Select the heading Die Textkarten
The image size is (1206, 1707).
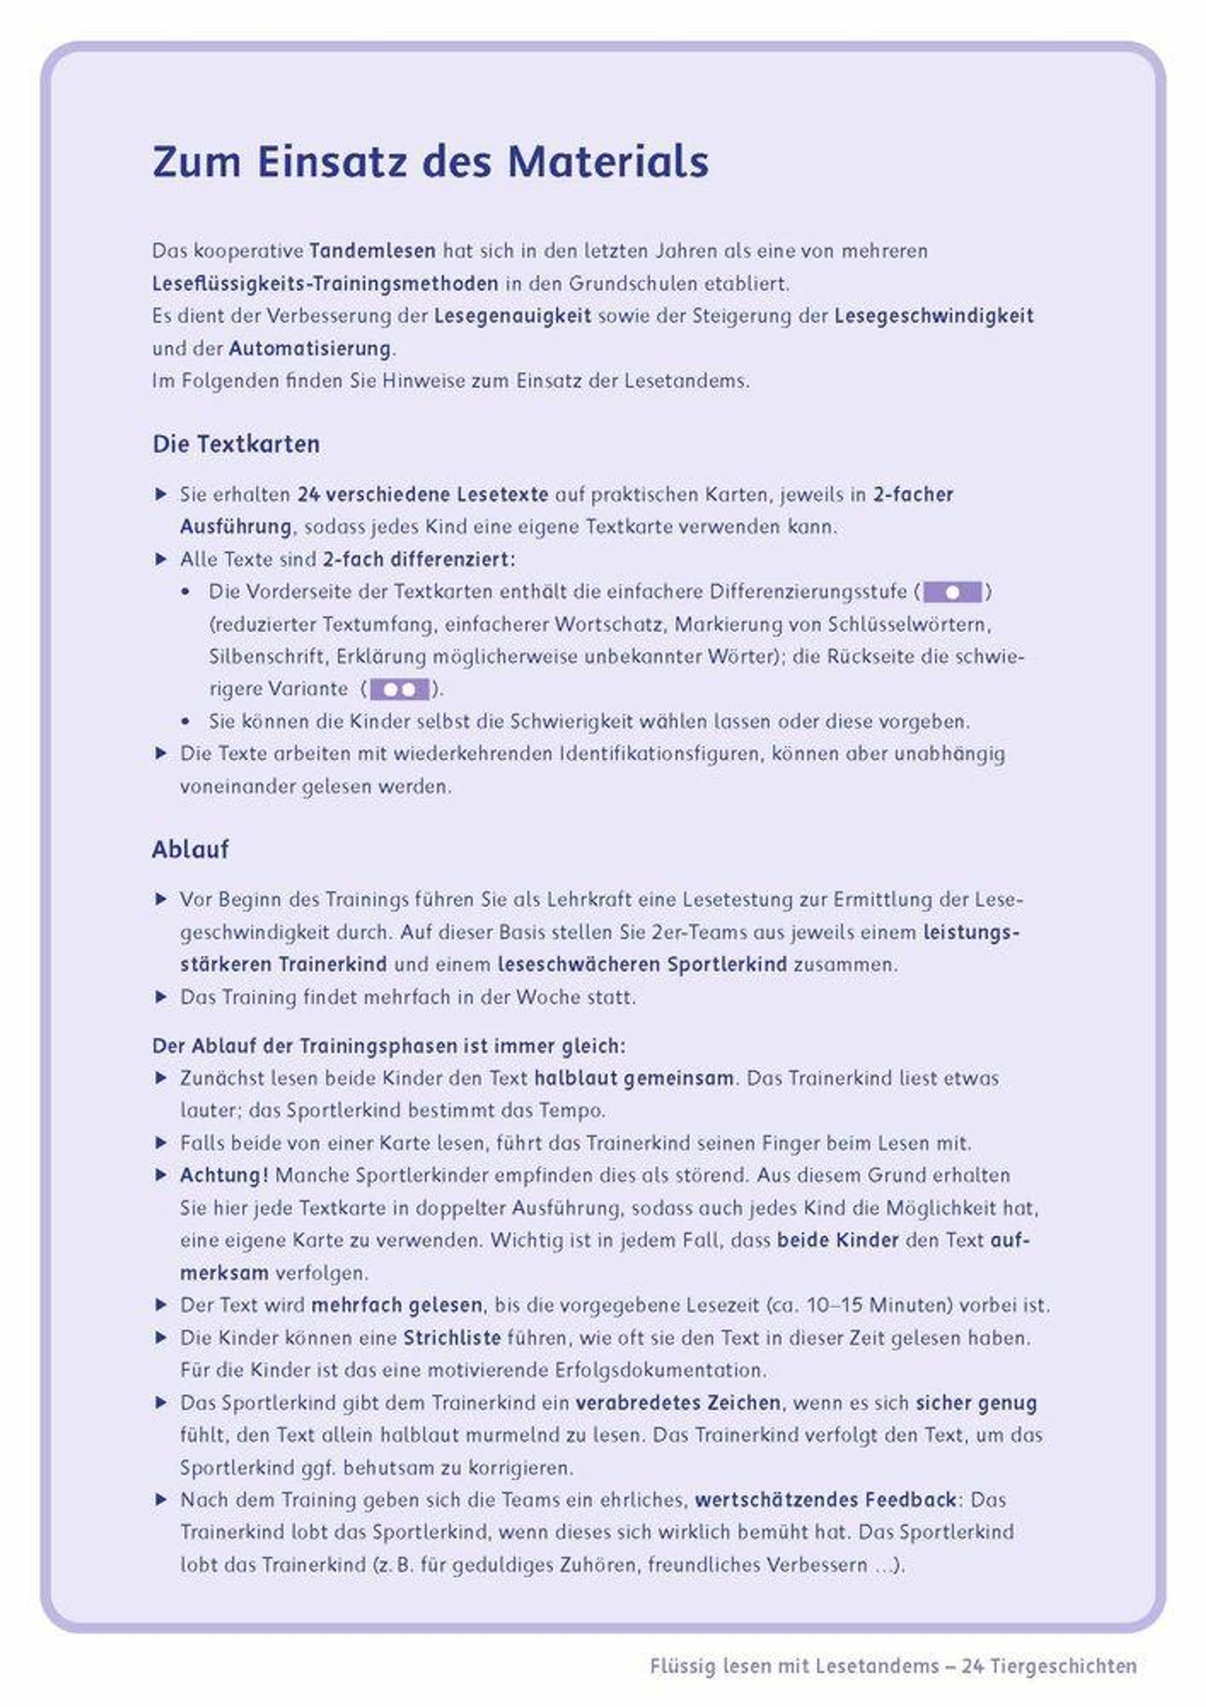click(x=236, y=444)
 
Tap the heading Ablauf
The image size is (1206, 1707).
click(x=190, y=849)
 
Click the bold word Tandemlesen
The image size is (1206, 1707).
click(x=372, y=250)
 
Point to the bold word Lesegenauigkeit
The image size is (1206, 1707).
click(x=513, y=316)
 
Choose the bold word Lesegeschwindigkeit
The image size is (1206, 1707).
click(x=933, y=316)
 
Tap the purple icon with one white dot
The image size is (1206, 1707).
click(x=953, y=592)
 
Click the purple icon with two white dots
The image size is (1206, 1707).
click(x=400, y=689)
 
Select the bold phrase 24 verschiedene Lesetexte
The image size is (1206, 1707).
click(x=423, y=494)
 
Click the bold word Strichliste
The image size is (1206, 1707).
click(x=452, y=1338)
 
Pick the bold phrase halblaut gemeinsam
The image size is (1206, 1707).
click(x=634, y=1078)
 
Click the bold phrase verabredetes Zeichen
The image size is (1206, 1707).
click(x=678, y=1403)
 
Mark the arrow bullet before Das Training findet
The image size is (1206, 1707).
click(x=160, y=997)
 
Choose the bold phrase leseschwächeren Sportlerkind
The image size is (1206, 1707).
click(x=642, y=964)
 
